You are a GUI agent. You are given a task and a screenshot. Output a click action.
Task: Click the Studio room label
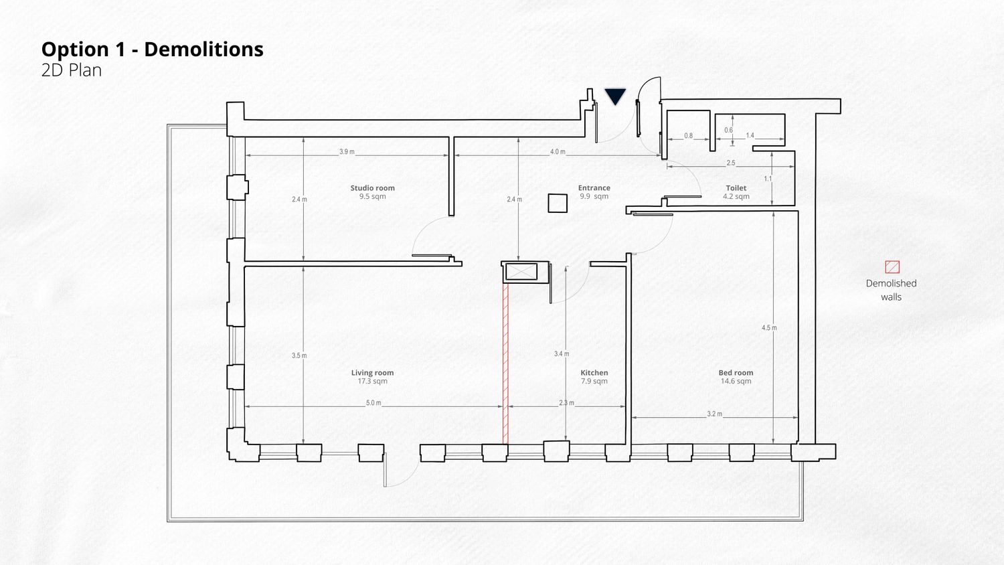point(372,188)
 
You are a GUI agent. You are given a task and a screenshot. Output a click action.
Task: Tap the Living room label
point(372,373)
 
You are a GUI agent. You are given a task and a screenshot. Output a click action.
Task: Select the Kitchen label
point(594,373)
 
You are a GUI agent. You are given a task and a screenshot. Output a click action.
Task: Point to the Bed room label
point(736,373)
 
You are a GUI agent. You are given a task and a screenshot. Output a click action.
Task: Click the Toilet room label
point(736,188)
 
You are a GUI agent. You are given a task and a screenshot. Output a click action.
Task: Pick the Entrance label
point(594,188)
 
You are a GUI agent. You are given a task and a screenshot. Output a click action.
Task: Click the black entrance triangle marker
point(615,96)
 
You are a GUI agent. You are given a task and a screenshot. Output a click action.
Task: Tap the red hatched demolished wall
point(505,364)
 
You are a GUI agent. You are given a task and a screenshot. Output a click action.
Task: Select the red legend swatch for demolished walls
point(892,267)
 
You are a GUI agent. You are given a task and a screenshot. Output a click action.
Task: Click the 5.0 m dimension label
point(373,403)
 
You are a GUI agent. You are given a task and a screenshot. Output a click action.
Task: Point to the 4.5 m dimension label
point(769,328)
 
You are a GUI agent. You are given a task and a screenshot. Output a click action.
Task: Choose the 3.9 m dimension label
point(347,151)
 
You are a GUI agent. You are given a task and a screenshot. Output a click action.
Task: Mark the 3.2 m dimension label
point(714,414)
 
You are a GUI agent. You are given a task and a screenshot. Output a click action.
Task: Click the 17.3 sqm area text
point(372,381)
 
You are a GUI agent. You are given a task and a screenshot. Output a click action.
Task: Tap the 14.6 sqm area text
point(736,381)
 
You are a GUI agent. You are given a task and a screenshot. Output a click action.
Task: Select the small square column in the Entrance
point(558,203)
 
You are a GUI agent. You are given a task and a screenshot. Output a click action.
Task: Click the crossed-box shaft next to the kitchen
point(521,272)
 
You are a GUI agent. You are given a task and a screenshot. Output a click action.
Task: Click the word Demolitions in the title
point(203,50)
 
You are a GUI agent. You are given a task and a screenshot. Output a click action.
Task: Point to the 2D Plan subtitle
point(72,70)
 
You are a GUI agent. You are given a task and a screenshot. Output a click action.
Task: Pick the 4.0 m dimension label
point(558,151)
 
